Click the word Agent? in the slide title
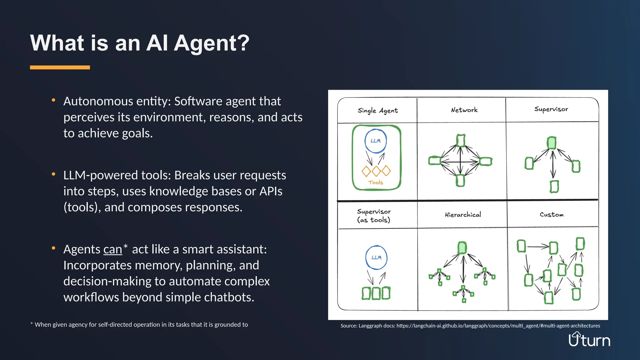(212, 43)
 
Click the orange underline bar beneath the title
(60, 67)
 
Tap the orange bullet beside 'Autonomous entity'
(53, 100)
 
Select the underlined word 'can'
(112, 249)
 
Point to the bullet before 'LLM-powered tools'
(53, 174)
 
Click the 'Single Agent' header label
(377, 111)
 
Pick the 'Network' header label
(464, 110)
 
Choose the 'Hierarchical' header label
(463, 215)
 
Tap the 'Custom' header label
(552, 215)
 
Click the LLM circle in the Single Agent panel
(376, 141)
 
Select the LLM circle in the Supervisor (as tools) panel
(376, 257)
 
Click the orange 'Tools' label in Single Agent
(375, 182)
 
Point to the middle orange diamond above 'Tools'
(376, 171)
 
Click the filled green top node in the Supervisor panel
(552, 143)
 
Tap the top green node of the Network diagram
(461, 141)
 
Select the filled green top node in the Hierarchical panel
(462, 248)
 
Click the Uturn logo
(589, 340)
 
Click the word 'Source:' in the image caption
(349, 326)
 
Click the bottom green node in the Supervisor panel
(554, 187)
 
